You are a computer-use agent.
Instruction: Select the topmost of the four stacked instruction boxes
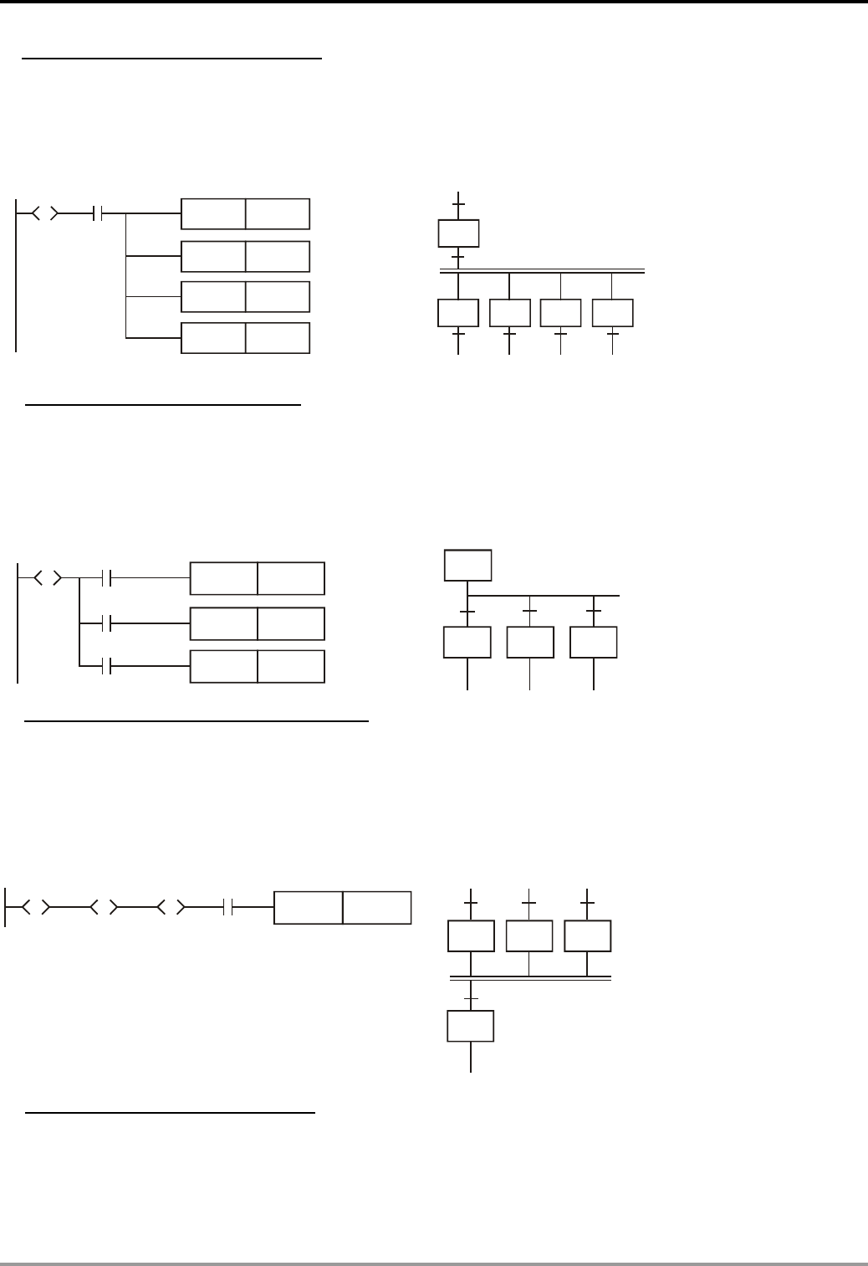click(x=246, y=214)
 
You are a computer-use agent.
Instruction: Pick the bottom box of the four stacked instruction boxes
click(x=246, y=338)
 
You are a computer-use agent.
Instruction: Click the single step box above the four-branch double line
click(x=459, y=233)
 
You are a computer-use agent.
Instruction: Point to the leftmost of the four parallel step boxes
click(x=458, y=313)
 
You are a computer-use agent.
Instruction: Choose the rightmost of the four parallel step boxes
click(x=613, y=313)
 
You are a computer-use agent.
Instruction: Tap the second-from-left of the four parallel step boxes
click(x=510, y=313)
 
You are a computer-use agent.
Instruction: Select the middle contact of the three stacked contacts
click(x=105, y=623)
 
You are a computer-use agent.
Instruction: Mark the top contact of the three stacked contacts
click(x=105, y=577)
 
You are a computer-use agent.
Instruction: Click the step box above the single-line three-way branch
click(x=468, y=565)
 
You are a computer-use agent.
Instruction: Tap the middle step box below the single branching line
click(x=530, y=642)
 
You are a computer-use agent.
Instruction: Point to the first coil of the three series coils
click(x=36, y=906)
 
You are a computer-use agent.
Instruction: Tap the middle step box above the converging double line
click(x=529, y=935)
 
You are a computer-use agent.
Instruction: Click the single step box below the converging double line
click(x=471, y=1026)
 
